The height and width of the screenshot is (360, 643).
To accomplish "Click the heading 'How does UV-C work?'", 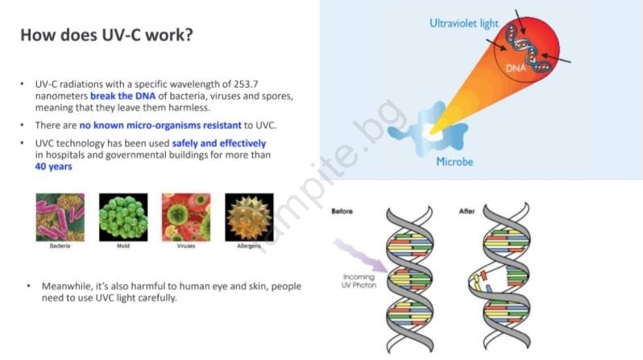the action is tap(106, 35).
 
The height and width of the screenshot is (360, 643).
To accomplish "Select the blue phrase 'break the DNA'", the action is tap(122, 96).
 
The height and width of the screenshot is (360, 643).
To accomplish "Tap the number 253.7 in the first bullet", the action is tap(246, 84).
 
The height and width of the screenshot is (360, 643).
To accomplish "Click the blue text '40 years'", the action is tap(53, 167).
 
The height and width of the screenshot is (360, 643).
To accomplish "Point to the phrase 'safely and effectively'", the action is tap(219, 143).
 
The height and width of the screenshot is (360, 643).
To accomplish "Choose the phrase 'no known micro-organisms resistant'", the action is tap(160, 125).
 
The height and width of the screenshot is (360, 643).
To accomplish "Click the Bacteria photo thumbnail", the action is tap(60, 217).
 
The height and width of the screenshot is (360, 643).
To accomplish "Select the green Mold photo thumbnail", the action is tap(123, 217).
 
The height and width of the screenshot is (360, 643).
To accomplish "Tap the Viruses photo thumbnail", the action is tap(186, 217).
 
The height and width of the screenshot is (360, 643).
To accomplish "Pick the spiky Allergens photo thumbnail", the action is tap(249, 217).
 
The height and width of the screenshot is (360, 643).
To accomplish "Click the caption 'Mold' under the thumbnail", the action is tap(123, 246).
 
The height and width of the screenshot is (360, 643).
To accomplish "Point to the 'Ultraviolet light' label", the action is tap(464, 24).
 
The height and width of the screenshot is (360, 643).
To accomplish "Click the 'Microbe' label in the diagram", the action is tap(454, 162).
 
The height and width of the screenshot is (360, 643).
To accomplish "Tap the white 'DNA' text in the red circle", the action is tap(516, 68).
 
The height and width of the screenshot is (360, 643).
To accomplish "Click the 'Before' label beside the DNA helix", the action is tap(342, 211).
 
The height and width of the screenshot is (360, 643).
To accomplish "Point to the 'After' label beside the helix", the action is tap(467, 211).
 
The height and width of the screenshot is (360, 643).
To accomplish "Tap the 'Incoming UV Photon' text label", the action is tap(359, 281).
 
